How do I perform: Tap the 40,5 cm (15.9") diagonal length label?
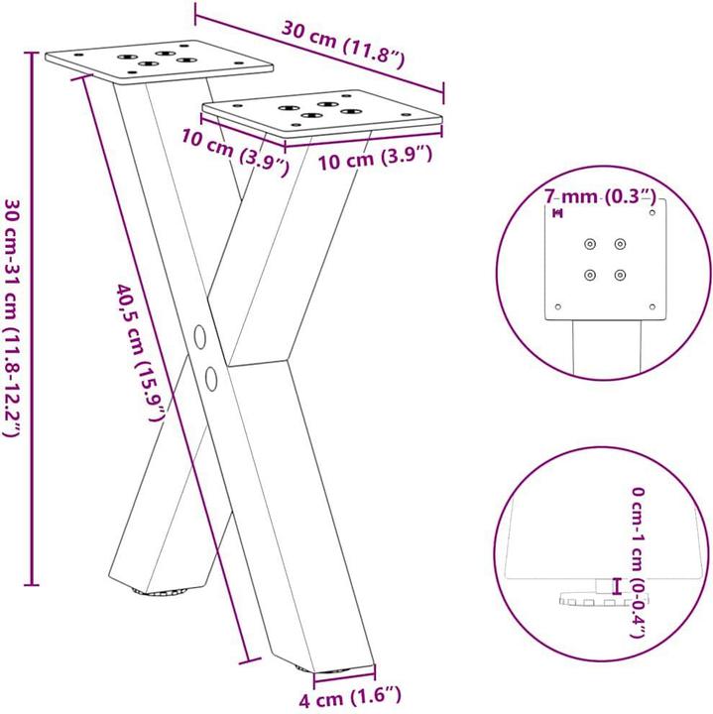coord(140,353)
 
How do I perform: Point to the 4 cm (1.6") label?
coord(350,697)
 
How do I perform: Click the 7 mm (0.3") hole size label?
coord(601,197)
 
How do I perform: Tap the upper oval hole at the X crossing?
coord(199,336)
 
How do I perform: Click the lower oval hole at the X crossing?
coord(210,378)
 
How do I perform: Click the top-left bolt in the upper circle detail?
coord(590,244)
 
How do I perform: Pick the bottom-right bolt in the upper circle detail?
coord(620,275)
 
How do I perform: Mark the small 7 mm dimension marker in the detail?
coord(557,212)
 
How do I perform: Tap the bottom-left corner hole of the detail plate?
coord(558,306)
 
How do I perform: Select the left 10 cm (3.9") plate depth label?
coord(235,152)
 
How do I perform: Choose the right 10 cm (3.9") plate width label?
coord(374,159)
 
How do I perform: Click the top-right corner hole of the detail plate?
coord(652,212)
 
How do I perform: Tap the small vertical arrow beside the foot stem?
coord(618,586)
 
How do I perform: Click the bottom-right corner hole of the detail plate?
coord(652,306)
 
